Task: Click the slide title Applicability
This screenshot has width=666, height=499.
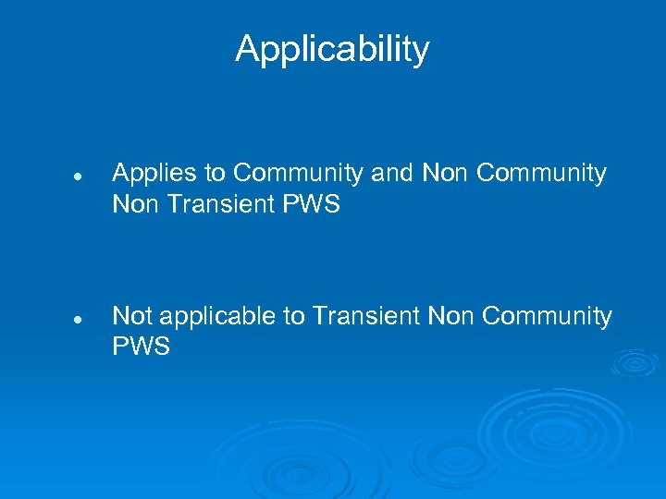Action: coord(332,49)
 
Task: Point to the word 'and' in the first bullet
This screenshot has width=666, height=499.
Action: coord(396,173)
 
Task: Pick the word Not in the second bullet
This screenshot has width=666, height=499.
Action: coord(131,316)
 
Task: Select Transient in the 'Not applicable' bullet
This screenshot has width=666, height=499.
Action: coord(366,316)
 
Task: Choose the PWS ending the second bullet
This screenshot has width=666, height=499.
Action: coord(142,347)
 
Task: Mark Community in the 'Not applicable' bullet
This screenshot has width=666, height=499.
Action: coord(547,316)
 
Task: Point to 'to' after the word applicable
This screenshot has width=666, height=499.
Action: coord(293,316)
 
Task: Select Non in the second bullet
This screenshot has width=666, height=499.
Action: coord(451,316)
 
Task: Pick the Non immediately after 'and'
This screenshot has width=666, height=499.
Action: coord(446,173)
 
